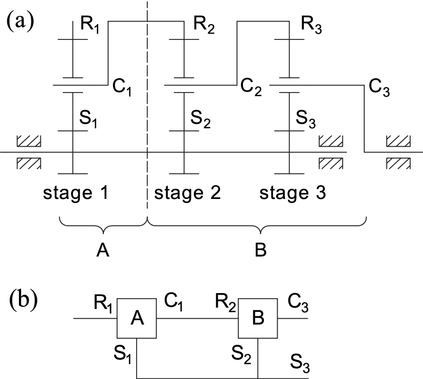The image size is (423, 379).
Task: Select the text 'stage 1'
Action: [x=76, y=193]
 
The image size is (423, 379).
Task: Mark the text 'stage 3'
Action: [x=293, y=193]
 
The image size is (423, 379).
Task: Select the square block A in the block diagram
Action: [x=137, y=318]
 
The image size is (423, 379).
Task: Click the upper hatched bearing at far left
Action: [x=29, y=141]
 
